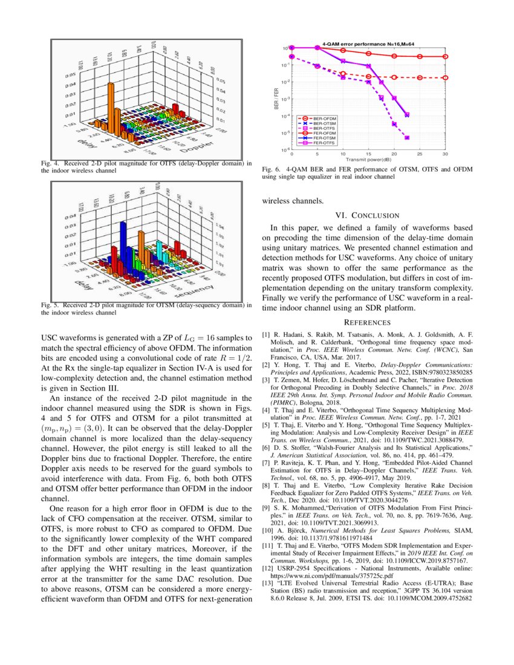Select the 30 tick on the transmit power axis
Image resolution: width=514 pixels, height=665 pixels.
(445, 155)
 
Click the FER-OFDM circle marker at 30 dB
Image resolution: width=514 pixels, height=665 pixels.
(446, 56)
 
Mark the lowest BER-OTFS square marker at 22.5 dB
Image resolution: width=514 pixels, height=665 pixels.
(407, 137)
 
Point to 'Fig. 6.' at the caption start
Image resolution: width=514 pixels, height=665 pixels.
(271, 170)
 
